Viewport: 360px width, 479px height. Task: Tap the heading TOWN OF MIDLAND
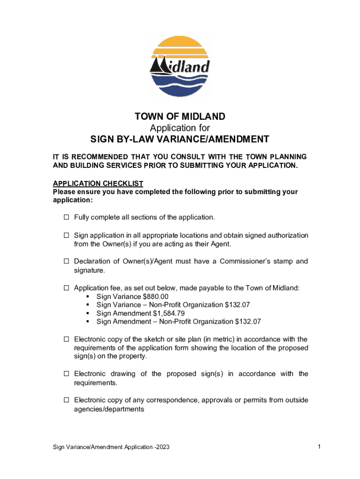pyautogui.click(x=180, y=116)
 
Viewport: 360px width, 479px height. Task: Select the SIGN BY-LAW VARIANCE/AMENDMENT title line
pyautogui.click(x=180, y=139)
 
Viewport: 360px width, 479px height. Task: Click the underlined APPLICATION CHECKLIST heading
pyautogui.click(x=98, y=183)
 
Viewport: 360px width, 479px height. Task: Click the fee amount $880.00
pyautogui.click(x=154, y=297)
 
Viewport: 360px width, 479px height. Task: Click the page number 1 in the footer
pyautogui.click(x=318, y=447)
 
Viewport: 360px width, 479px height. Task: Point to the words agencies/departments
pyautogui.click(x=109, y=409)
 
